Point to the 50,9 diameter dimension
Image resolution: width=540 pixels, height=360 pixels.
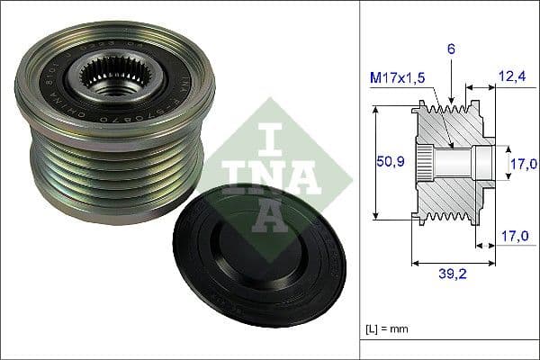click(391, 162)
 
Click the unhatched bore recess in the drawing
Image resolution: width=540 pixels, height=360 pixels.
click(482, 163)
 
